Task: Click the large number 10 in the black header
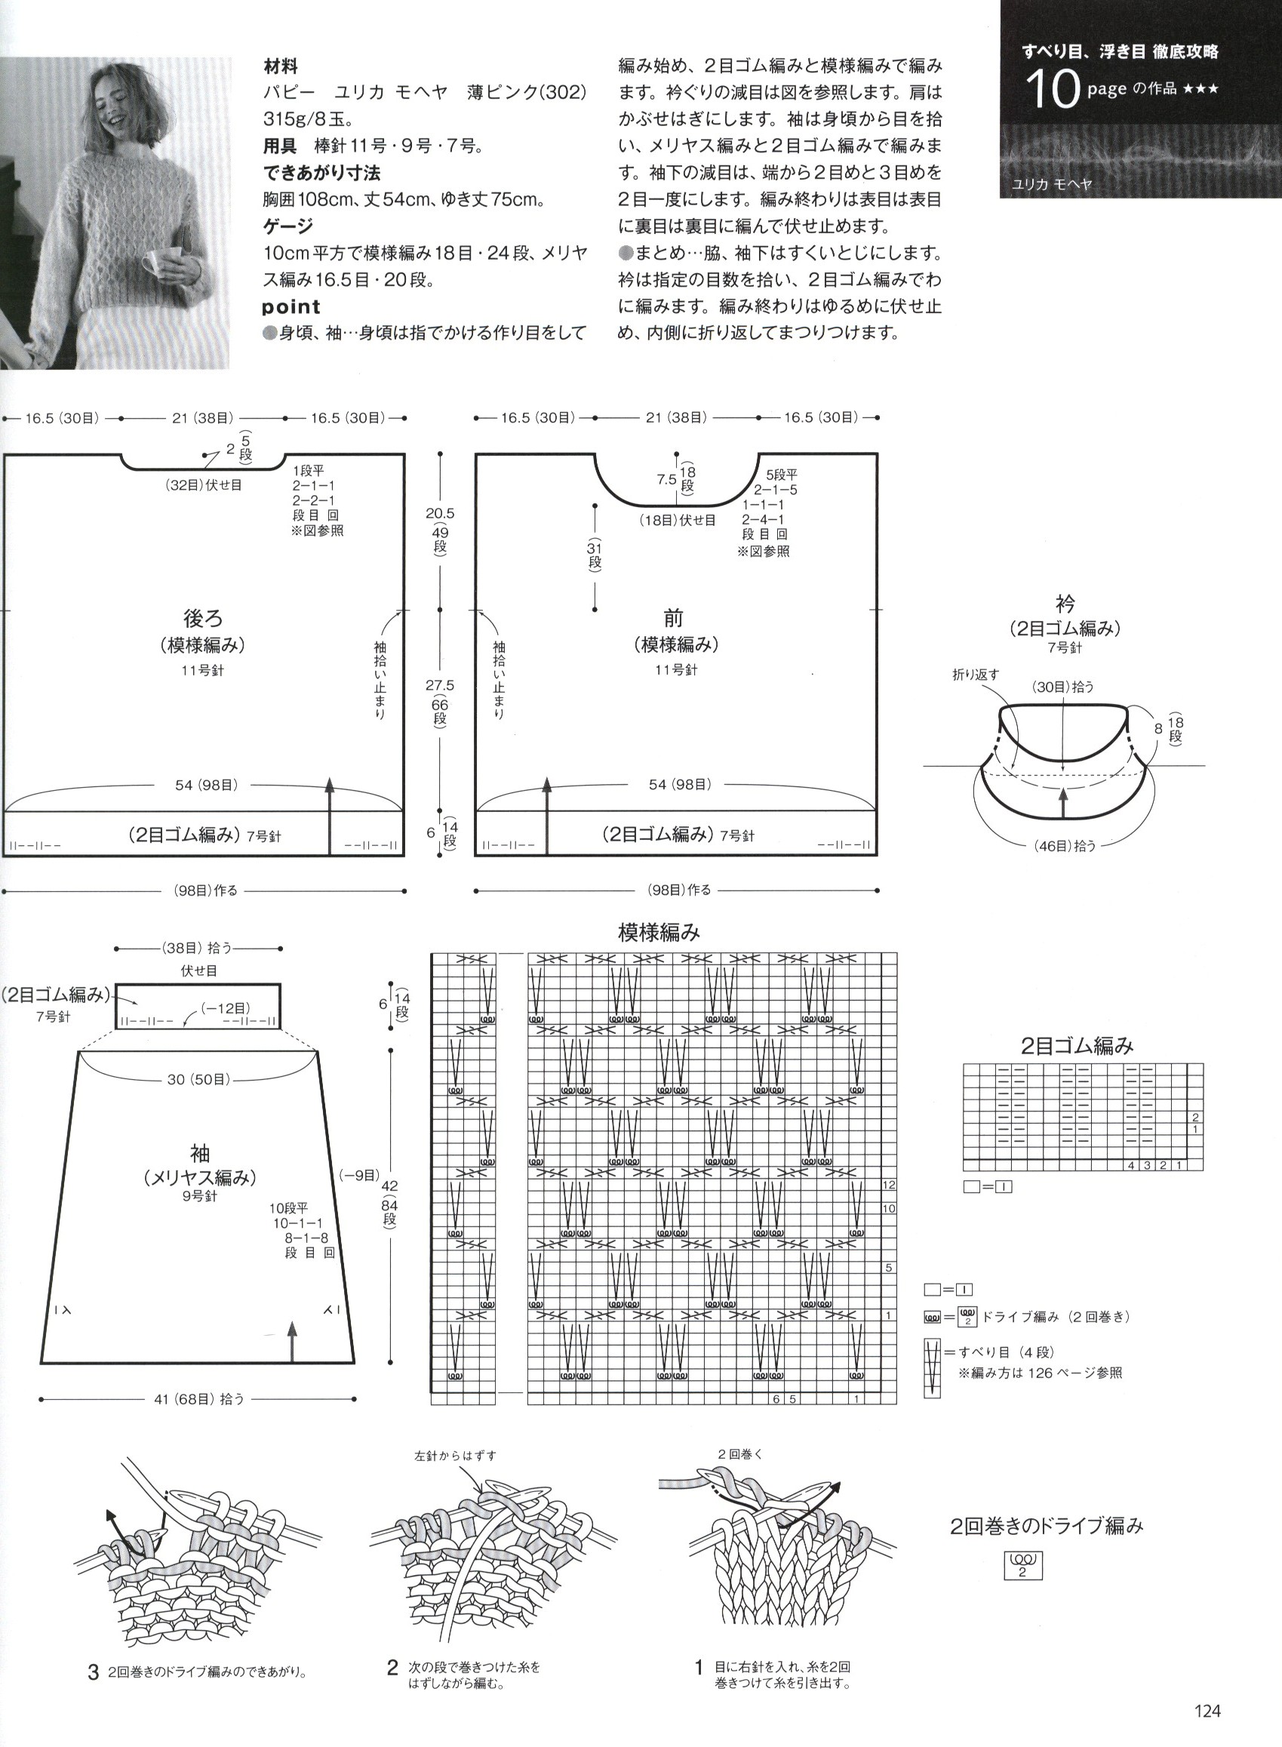pyautogui.click(x=1053, y=91)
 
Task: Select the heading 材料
pyautogui.click(x=280, y=66)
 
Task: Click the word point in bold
pyautogui.click(x=292, y=306)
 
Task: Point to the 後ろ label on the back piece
pyautogui.click(x=203, y=618)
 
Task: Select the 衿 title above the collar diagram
pyautogui.click(x=1065, y=603)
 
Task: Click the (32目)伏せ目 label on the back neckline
pyautogui.click(x=203, y=485)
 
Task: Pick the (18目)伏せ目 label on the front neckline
pyautogui.click(x=678, y=520)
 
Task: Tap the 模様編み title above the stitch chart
pyautogui.click(x=659, y=931)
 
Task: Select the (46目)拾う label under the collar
pyautogui.click(x=1064, y=846)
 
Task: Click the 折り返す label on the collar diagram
pyautogui.click(x=976, y=675)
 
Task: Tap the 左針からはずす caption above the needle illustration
pyautogui.click(x=456, y=1456)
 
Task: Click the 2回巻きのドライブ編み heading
pyautogui.click(x=1047, y=1525)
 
